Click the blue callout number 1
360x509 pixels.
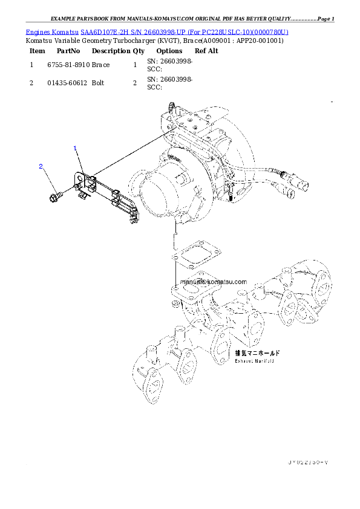point(75,148)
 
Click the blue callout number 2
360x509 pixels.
point(41,166)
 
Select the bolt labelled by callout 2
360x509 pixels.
point(54,195)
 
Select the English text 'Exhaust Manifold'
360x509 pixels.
point(255,361)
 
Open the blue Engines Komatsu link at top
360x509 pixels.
point(157,31)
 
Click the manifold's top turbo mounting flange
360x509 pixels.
point(188,293)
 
